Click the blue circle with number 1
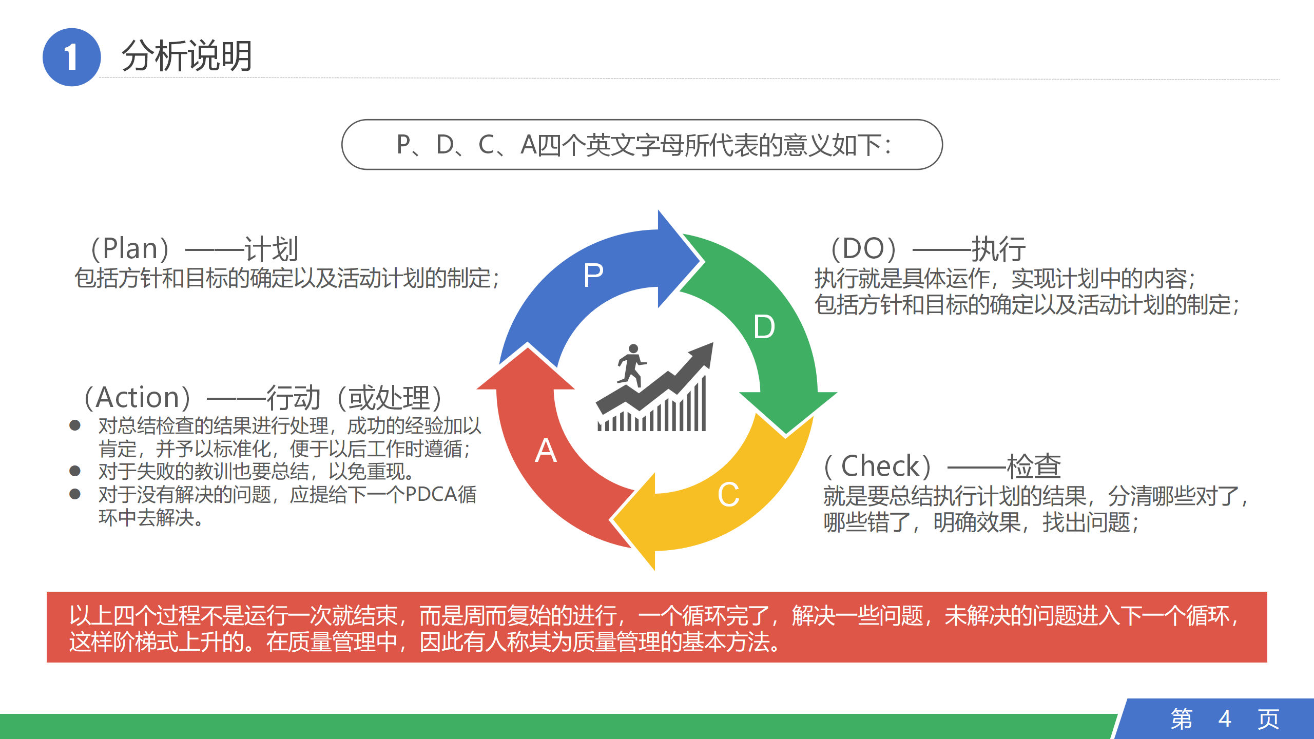click(x=71, y=57)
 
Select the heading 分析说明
click(x=187, y=56)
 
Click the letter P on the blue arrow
click(x=593, y=275)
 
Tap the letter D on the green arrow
click(x=764, y=327)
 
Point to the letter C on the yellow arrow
click(x=728, y=495)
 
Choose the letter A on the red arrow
click(x=546, y=451)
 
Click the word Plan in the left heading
click(x=130, y=249)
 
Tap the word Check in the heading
click(x=880, y=466)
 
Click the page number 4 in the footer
click(x=1225, y=718)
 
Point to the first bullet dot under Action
click(x=75, y=425)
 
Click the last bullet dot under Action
click(x=75, y=494)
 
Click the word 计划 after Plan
click(x=272, y=249)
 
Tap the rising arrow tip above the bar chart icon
click(x=713, y=343)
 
